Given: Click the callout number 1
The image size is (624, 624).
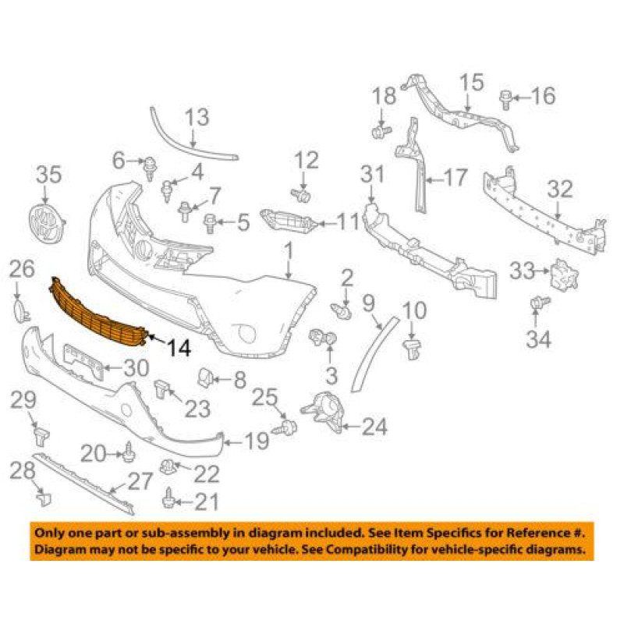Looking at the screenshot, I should (288, 251).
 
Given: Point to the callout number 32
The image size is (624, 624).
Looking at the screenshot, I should (560, 190).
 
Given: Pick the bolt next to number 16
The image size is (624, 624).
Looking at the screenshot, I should (503, 97).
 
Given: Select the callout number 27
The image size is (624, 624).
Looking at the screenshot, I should (140, 481).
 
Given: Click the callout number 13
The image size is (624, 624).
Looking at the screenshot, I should (197, 118).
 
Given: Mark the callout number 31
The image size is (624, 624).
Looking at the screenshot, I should (372, 173).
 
